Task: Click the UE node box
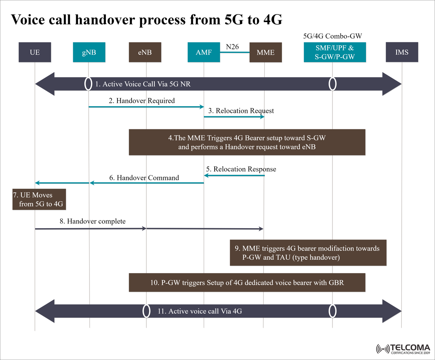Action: (34, 52)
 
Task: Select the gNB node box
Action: (89, 52)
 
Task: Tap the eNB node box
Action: (145, 52)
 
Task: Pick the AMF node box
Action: (204, 52)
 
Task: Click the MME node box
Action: (265, 53)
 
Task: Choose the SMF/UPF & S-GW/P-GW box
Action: (335, 52)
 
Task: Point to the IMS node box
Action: (402, 52)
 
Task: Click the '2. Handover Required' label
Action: (142, 101)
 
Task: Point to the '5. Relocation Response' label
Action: (241, 169)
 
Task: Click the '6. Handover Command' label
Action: (144, 178)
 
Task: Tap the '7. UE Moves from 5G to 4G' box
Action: (39, 200)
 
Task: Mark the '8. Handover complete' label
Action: (92, 221)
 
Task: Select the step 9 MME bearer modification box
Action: (308, 252)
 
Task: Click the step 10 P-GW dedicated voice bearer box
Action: (247, 282)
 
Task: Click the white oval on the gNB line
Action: (88, 84)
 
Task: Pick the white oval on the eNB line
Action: (146, 311)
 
